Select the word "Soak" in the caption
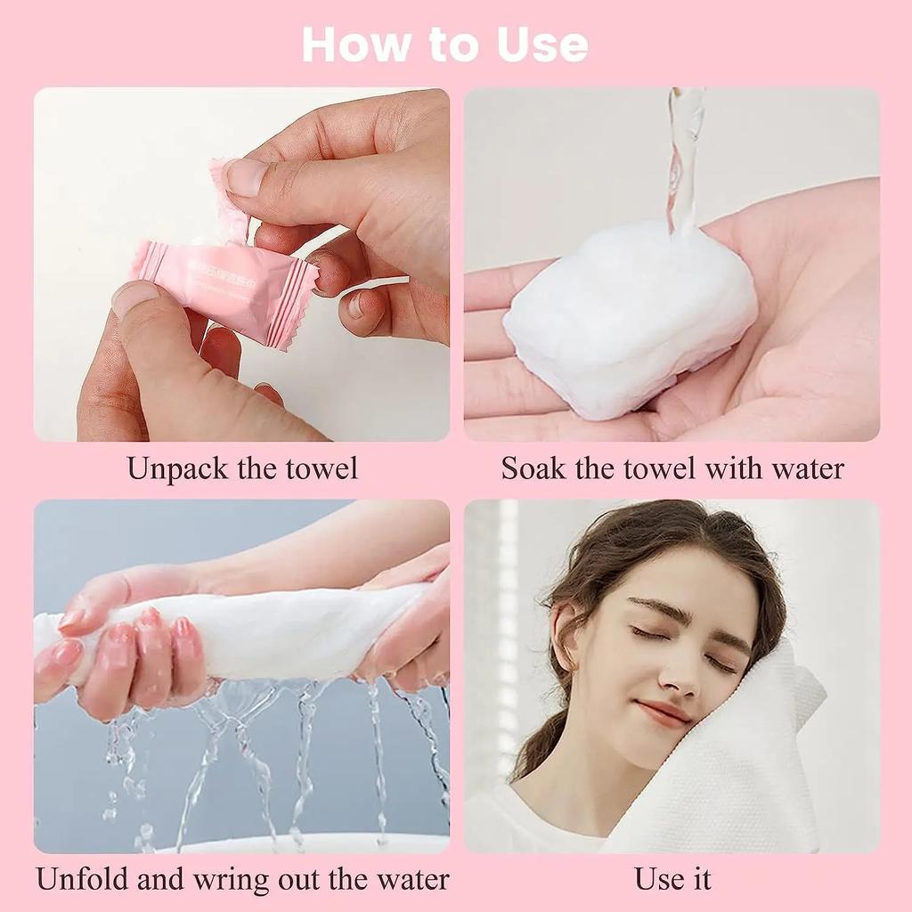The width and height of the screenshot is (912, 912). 533,468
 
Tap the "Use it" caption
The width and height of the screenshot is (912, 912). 672,879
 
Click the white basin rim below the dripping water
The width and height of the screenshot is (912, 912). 312,843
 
